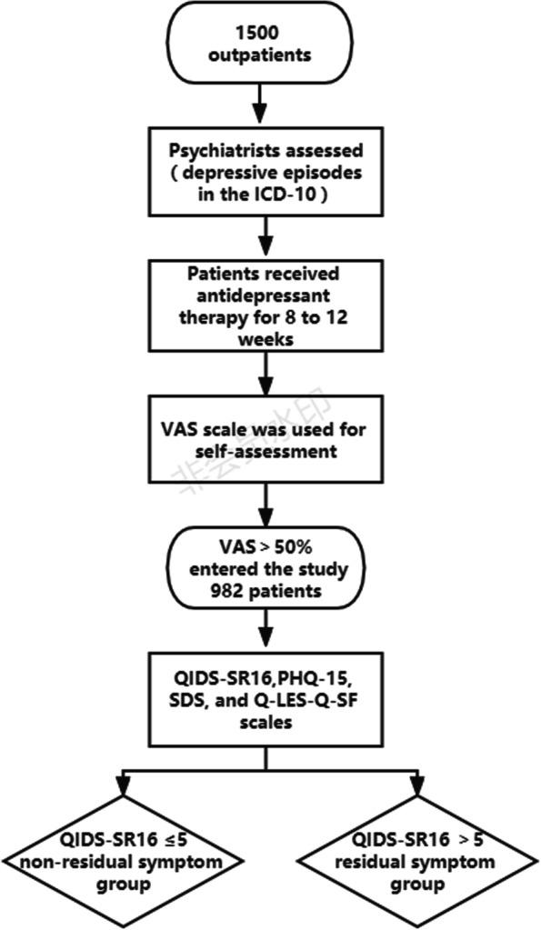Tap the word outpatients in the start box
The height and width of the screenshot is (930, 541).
(262, 55)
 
